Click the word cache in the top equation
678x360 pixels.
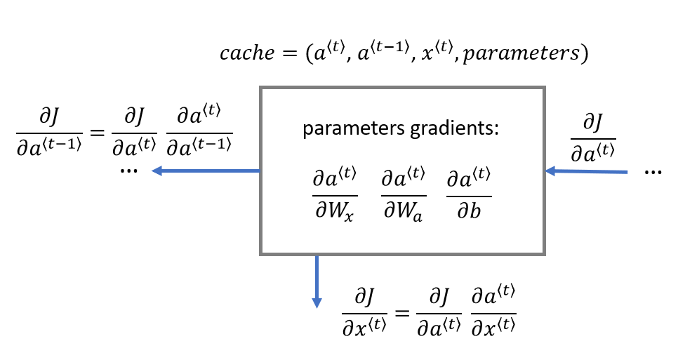click(247, 53)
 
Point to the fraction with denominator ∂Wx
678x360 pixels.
click(334, 194)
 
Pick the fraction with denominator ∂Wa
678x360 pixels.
click(403, 194)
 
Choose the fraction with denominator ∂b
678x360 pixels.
click(469, 194)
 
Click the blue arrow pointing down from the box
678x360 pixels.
click(317, 281)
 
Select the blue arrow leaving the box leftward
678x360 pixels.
click(206, 171)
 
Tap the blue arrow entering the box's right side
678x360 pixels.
click(586, 171)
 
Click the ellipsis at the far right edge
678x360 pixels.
click(653, 173)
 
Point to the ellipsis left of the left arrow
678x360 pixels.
click(129, 171)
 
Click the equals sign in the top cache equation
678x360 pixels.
click(289, 53)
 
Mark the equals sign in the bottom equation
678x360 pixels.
click(401, 312)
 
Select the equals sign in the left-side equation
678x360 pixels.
click(97, 132)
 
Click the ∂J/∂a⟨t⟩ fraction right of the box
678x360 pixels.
click(593, 138)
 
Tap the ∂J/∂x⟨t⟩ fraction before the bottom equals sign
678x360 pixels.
click(364, 312)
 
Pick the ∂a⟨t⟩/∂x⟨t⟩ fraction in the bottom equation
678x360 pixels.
click(493, 311)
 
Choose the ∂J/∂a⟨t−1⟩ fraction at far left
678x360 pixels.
click(49, 131)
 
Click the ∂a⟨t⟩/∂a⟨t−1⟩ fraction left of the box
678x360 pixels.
click(199, 130)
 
